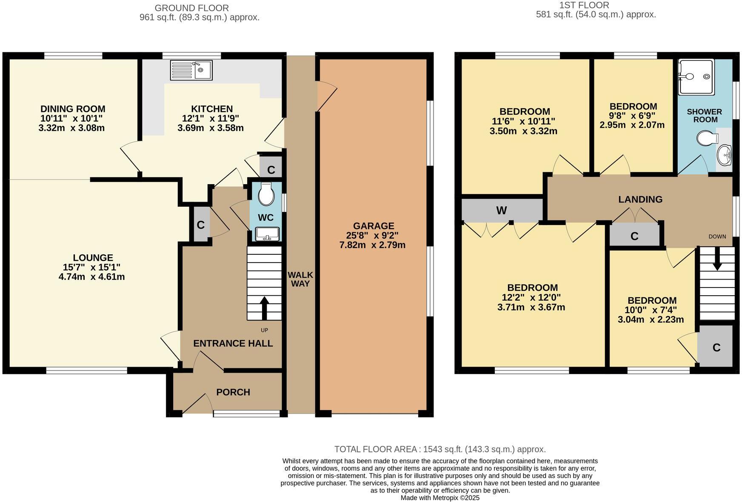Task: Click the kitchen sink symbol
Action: click(191, 70)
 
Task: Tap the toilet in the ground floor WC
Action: click(266, 194)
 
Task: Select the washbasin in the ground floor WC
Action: click(267, 234)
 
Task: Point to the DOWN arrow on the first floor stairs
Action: click(717, 260)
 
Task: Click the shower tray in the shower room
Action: click(696, 77)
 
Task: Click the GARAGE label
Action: click(373, 226)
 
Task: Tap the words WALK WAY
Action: click(300, 279)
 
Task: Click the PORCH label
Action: click(233, 392)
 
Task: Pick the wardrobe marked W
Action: click(502, 210)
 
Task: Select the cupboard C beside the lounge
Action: click(201, 225)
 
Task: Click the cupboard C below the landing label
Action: click(634, 236)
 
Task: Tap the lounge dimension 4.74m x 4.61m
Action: click(91, 277)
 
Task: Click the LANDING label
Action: click(640, 199)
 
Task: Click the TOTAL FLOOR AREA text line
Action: click(439, 449)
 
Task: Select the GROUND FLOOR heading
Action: click(191, 8)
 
